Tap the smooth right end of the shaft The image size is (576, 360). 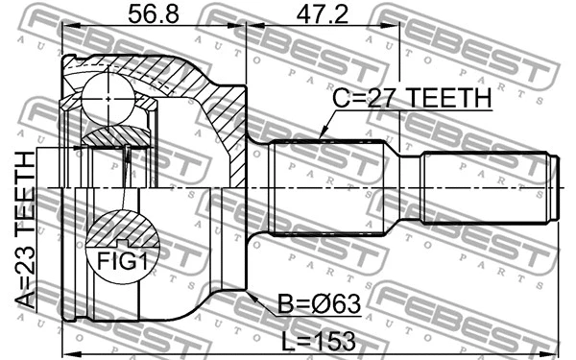pyautogui.click(x=490, y=187)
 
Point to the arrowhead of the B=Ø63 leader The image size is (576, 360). pyautogui.click(x=250, y=296)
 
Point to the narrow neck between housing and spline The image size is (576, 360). pyautogui.click(x=257, y=187)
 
